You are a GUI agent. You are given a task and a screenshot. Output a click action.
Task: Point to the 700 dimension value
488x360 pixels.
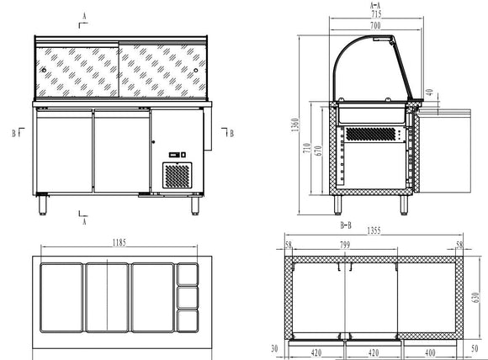pyautogui.click(x=374, y=27)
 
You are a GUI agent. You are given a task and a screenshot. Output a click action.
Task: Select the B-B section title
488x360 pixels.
pyautogui.click(x=345, y=225)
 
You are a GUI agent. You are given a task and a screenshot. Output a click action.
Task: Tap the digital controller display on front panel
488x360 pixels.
pyautogui.click(x=176, y=154)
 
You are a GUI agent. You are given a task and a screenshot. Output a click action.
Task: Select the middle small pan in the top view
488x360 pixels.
pyautogui.click(x=188, y=297)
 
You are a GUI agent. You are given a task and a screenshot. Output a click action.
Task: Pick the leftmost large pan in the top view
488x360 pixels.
pyautogui.click(x=61, y=297)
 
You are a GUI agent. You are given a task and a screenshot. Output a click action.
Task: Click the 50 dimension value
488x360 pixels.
pyautogui.click(x=476, y=347)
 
